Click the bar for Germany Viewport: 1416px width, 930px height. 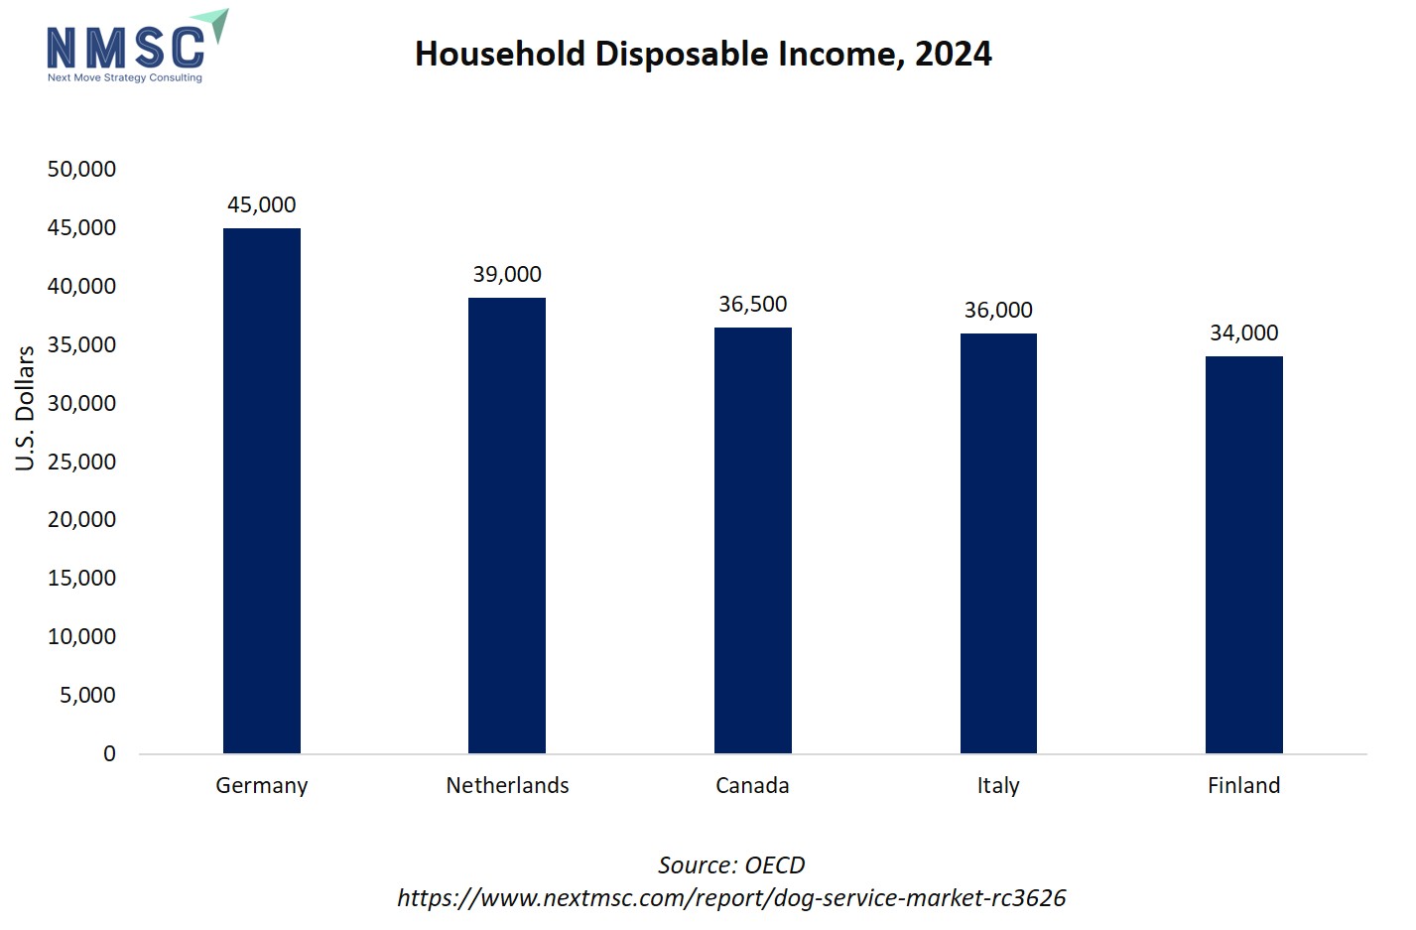click(x=261, y=490)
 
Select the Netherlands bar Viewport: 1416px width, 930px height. click(x=506, y=525)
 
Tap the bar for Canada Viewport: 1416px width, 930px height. click(x=752, y=540)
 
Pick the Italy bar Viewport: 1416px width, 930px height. click(x=998, y=543)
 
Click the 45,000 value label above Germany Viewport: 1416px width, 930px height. click(x=261, y=205)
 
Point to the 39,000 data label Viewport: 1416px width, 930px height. click(x=506, y=275)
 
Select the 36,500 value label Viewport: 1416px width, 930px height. click(x=752, y=305)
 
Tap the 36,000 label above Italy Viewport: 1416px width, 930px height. click(x=998, y=311)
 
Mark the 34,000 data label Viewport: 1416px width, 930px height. click(x=1243, y=333)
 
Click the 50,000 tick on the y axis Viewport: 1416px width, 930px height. click(x=81, y=170)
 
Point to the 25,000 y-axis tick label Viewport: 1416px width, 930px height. click(x=81, y=463)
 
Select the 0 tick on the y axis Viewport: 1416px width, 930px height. click(x=109, y=754)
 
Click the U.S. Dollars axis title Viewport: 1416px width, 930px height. click(x=25, y=408)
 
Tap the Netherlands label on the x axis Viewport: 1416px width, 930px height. click(x=507, y=786)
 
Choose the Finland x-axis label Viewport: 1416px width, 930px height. click(x=1243, y=786)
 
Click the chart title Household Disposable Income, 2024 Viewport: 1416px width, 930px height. click(x=703, y=55)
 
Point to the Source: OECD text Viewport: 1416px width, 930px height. click(x=731, y=865)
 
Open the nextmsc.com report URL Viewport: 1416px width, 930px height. click(x=731, y=898)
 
